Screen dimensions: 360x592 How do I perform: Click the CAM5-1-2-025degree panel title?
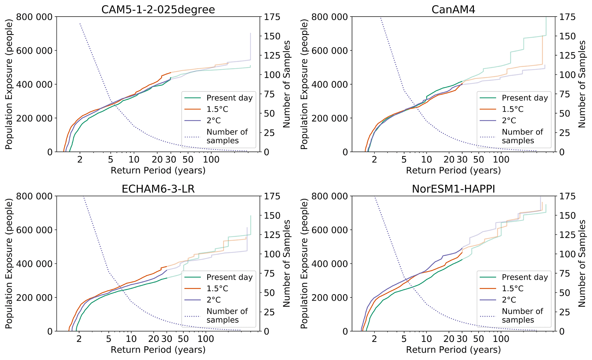(158, 10)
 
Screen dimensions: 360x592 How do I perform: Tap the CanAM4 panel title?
(453, 10)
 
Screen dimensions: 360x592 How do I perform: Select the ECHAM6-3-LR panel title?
(158, 189)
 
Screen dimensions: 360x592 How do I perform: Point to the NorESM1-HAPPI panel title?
(453, 189)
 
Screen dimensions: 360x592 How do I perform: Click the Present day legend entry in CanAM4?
(524, 98)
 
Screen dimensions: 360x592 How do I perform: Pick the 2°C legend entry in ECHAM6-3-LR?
(213, 300)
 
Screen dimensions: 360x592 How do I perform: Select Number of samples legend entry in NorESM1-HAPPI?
(522, 315)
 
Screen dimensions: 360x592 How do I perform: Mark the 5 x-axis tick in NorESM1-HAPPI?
(404, 339)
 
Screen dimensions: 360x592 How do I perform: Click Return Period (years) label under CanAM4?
(453, 171)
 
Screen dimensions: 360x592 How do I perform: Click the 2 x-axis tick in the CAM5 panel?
(80, 160)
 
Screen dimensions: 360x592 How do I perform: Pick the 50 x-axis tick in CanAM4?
(478, 160)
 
